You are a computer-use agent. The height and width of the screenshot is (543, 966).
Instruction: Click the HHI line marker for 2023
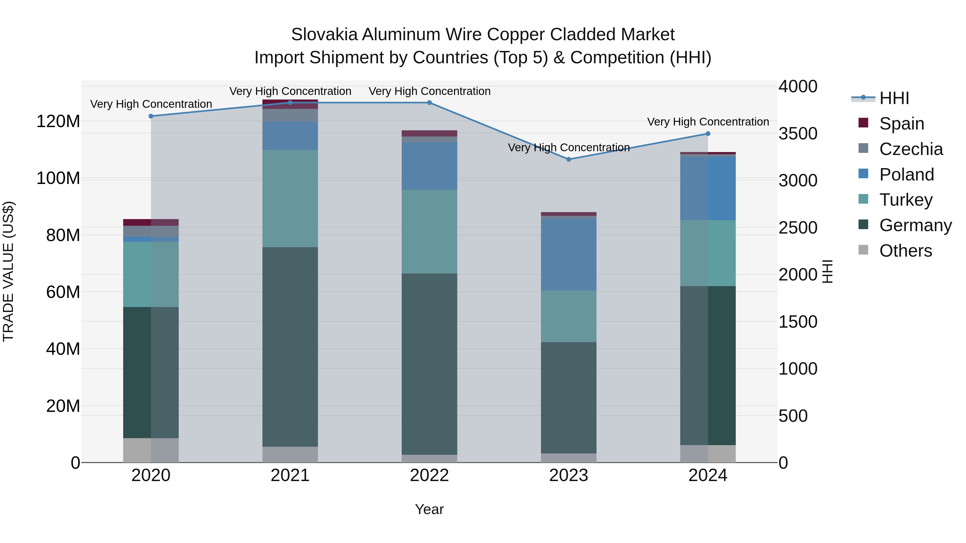point(569,159)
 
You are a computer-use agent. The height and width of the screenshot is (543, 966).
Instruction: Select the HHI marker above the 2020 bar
point(151,116)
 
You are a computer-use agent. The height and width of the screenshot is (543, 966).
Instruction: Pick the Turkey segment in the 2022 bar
point(429,232)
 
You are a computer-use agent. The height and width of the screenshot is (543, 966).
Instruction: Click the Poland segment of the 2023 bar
point(569,254)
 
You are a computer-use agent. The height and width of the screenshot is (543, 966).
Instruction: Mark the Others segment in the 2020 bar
point(151,450)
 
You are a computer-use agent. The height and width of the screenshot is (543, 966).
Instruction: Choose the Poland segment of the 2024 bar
point(708,189)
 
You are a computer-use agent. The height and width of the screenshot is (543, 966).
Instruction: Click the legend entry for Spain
point(902,124)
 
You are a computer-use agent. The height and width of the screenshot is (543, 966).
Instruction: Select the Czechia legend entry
point(910,149)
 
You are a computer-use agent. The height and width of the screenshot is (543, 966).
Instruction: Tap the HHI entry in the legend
point(894,98)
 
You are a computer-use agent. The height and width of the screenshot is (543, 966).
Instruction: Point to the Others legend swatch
point(863,250)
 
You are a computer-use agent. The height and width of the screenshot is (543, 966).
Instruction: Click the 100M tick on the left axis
point(58,178)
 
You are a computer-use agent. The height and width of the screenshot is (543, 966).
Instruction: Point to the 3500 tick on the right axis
point(798,134)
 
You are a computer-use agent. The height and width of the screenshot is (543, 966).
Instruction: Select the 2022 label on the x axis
point(429,475)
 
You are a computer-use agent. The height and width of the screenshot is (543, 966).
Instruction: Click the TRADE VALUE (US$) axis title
point(8,271)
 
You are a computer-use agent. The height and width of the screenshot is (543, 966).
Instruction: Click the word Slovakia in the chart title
point(324,35)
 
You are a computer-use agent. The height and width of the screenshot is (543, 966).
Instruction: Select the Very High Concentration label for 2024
point(708,122)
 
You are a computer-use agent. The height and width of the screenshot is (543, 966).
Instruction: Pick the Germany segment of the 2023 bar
point(569,398)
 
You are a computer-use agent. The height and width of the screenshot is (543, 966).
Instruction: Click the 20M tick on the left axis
point(63,406)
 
